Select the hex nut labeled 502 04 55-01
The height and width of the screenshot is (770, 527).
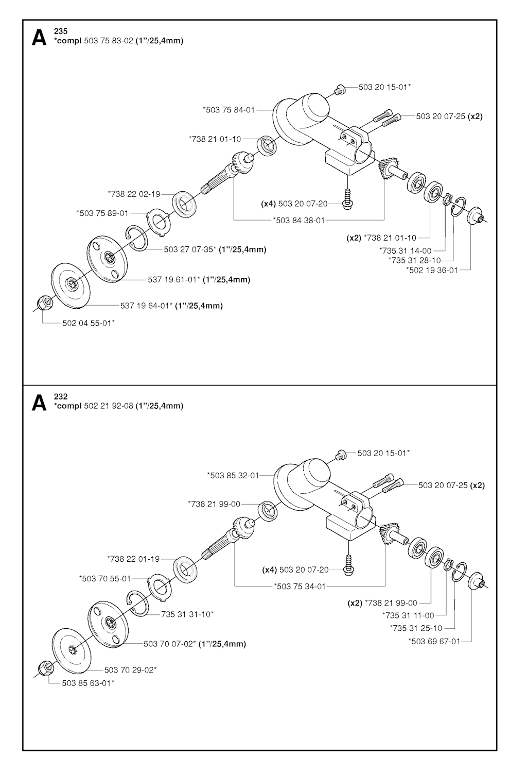(x=45, y=302)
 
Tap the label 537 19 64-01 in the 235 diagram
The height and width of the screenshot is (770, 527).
(x=146, y=306)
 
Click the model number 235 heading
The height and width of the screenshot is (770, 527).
(x=61, y=31)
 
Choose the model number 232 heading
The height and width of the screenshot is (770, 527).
(x=61, y=396)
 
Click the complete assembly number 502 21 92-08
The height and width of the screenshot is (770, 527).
(x=109, y=406)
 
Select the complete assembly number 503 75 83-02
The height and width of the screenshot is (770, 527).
(x=109, y=41)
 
